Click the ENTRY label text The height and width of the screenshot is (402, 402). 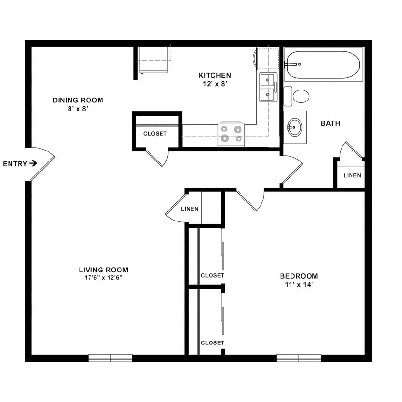tap(15, 164)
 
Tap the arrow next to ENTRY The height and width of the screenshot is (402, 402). tap(33, 163)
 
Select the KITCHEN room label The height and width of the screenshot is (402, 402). tap(214, 75)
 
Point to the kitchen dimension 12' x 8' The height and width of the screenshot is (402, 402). tap(214, 84)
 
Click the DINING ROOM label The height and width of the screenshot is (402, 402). tap(78, 100)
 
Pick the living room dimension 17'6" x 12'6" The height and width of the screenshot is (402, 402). tap(103, 278)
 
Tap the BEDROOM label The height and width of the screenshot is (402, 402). tap(299, 276)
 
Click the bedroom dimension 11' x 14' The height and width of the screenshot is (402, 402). tap(299, 285)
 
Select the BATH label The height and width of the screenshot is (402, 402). tap(330, 123)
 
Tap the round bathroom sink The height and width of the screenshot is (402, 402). tap(295, 127)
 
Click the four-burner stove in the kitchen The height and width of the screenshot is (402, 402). tap(231, 134)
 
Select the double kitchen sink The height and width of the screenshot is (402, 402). tap(267, 87)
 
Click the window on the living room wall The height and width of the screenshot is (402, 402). tap(111, 358)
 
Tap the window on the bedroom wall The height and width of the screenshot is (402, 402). tap(299, 358)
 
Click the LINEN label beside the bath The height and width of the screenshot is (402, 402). tap(352, 175)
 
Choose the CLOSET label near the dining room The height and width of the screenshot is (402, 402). tap(155, 134)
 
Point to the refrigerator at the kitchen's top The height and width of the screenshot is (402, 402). tap(153, 60)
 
